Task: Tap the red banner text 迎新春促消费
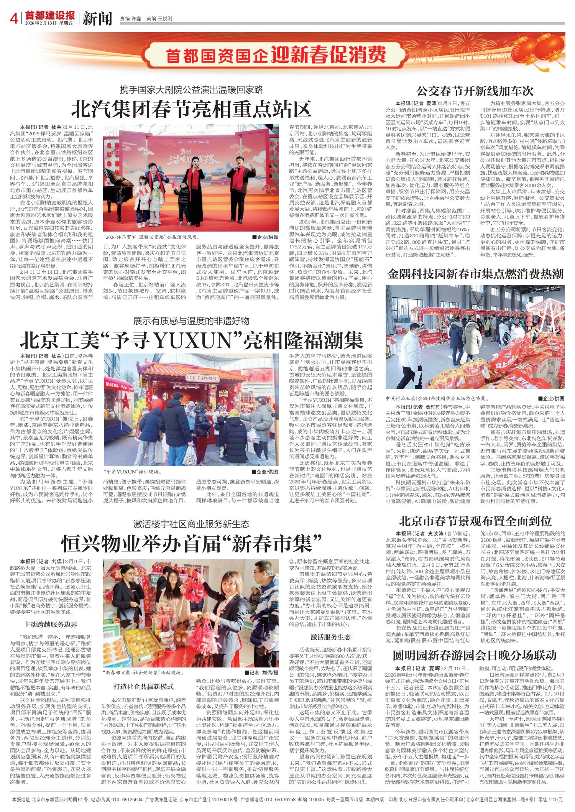(x=329, y=55)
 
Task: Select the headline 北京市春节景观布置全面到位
(x=475, y=521)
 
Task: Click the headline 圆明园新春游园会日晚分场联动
(x=475, y=654)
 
